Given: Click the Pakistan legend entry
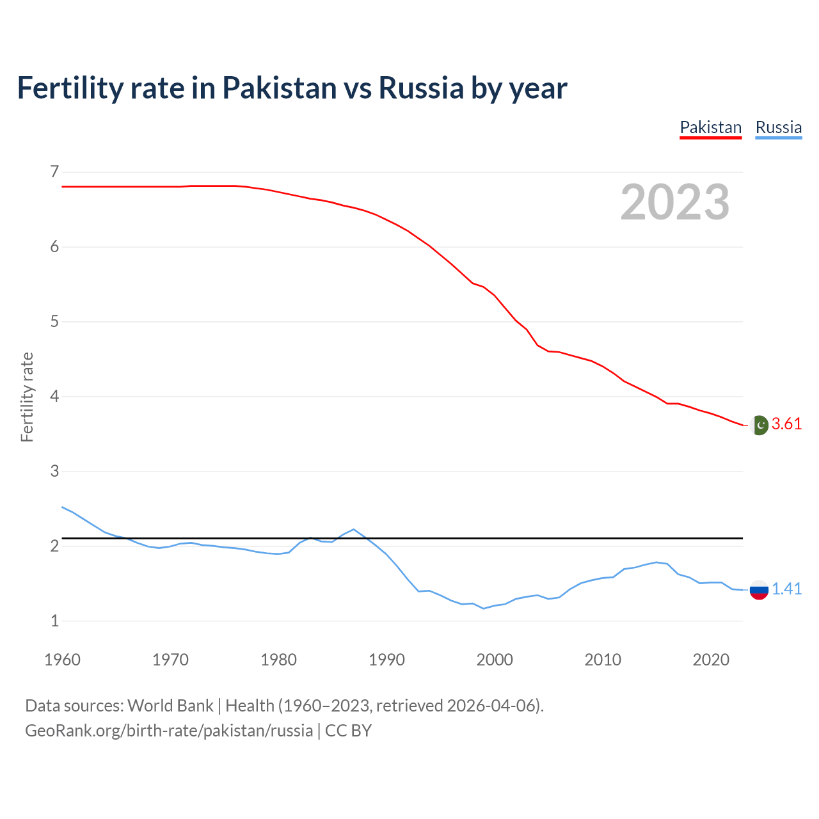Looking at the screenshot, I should point(710,127).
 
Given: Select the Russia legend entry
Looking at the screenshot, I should point(778,127).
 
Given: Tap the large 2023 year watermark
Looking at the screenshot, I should point(675,202).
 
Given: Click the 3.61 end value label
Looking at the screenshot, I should point(786,424).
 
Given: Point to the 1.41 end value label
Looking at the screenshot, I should point(786,589).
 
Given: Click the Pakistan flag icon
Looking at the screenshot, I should point(759,425).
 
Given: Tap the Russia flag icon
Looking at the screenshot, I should point(759,589).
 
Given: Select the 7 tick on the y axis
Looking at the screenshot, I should point(54,171).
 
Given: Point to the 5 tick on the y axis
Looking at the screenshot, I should point(54,321).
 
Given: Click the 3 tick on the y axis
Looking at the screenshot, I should point(54,471).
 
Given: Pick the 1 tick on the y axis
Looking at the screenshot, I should point(54,621).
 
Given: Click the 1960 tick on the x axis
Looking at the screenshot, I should point(62,660).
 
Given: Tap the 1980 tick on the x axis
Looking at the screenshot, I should point(278,660).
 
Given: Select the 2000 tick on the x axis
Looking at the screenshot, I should point(495,660).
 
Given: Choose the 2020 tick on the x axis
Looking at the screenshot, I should point(711,660).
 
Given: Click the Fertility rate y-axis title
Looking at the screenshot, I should point(27,397).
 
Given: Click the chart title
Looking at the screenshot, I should point(292,88).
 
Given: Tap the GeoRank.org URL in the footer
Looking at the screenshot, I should point(169,731).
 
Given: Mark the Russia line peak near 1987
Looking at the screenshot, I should point(354,529).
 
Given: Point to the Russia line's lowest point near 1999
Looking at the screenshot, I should point(484,608).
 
